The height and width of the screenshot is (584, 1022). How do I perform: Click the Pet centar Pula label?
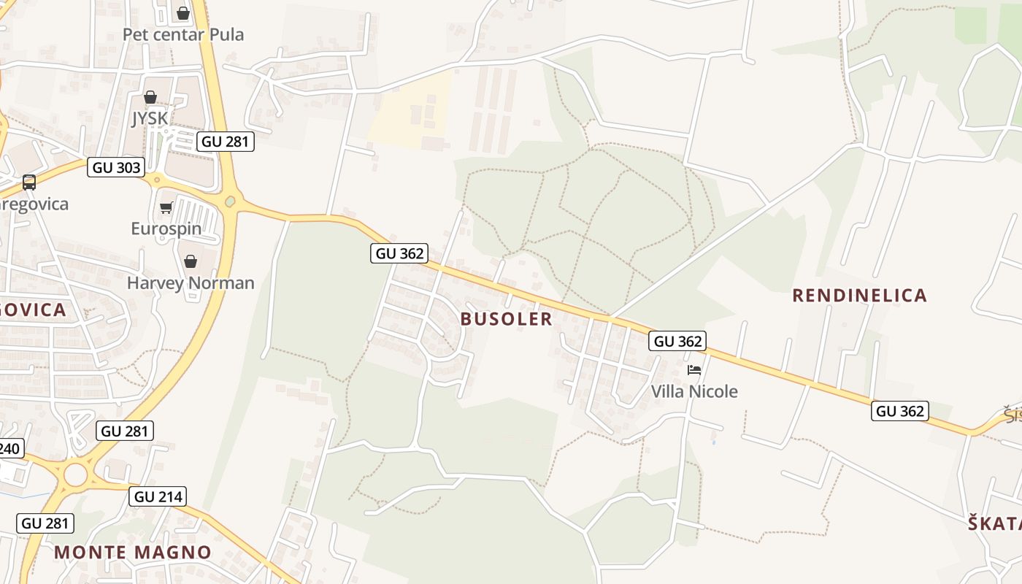pos(183,34)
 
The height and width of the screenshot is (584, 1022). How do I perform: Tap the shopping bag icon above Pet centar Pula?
pos(183,13)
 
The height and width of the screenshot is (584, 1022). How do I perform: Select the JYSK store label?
pos(150,118)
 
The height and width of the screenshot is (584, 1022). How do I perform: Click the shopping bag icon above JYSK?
pos(150,97)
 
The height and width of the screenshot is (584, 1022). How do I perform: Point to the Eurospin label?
pos(166,228)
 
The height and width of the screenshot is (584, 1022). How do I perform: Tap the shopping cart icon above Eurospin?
pos(166,208)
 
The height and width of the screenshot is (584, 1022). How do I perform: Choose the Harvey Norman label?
pos(191,283)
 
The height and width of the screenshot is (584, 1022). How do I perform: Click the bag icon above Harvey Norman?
pos(191,261)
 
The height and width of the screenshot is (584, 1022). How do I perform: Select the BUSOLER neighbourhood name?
pos(507,319)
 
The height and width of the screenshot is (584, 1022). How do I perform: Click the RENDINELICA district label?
pos(859,296)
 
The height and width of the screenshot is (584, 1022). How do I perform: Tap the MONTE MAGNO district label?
pos(133,552)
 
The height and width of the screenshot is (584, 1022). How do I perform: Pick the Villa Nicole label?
pos(694,391)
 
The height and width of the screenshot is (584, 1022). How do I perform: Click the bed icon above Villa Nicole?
pos(694,370)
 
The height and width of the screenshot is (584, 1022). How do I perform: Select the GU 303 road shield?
pos(116,167)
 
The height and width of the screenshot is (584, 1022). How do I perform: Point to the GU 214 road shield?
pos(158,497)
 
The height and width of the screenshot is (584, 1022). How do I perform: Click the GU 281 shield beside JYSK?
pos(226,142)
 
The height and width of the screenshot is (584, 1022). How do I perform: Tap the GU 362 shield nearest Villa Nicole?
pos(678,341)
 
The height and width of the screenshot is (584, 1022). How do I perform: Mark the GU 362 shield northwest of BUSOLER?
pos(399,253)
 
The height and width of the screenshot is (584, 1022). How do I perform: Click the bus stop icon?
pos(29,182)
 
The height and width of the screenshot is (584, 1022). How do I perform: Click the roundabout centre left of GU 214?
pos(75,475)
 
